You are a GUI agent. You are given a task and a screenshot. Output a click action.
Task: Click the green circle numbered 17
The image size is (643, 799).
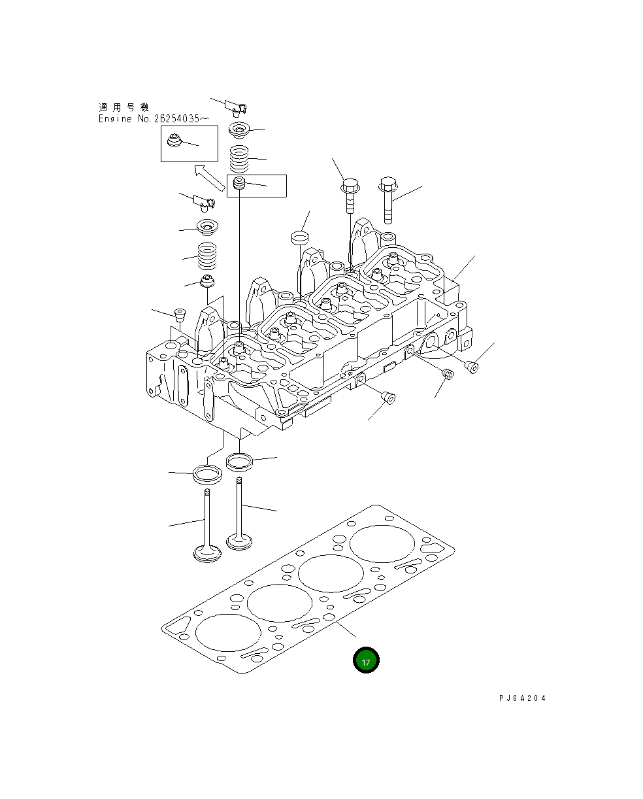coord(366,660)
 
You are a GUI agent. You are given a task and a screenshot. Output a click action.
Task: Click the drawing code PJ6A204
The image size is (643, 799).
coord(521,698)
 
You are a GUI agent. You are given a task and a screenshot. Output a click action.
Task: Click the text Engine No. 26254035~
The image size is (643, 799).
coord(144,119)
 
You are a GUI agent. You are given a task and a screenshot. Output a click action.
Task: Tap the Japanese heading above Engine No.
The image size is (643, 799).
coord(124,107)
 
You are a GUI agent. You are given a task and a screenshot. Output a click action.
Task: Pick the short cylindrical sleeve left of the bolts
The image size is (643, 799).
coord(300,237)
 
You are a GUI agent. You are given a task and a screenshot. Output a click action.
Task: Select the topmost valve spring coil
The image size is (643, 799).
coord(239,158)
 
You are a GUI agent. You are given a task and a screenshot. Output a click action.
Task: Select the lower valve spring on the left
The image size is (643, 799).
coord(208,256)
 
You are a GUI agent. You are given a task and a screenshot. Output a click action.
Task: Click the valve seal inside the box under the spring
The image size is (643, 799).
coord(239,184)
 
